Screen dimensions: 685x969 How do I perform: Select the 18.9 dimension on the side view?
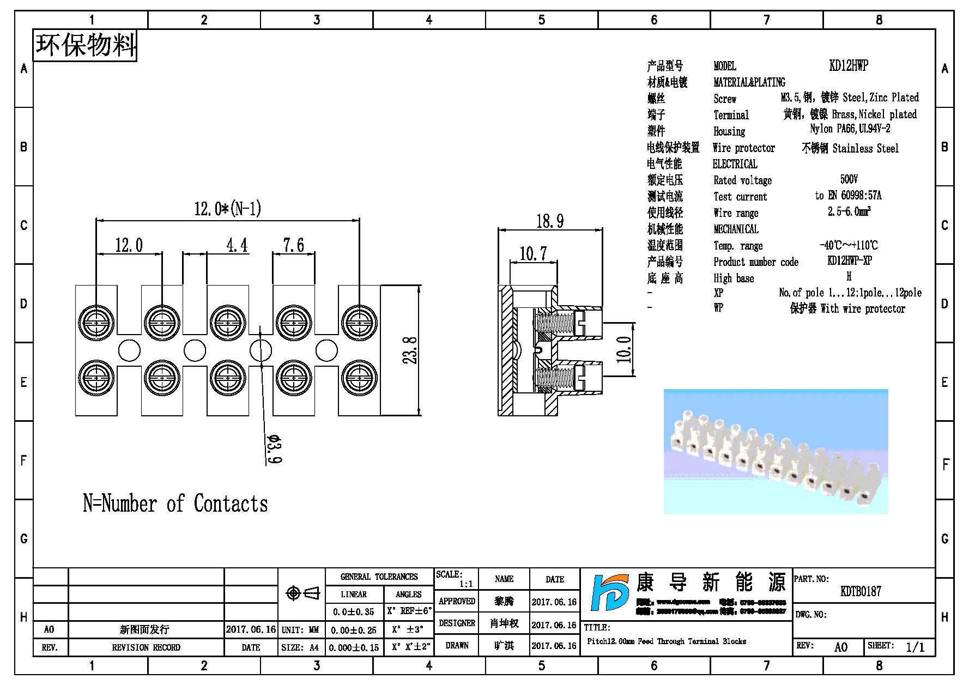[549, 221]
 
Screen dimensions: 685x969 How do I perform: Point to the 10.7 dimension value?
[532, 253]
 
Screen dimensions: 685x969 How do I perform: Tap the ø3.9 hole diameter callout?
[274, 448]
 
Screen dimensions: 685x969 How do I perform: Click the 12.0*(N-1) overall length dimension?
[227, 209]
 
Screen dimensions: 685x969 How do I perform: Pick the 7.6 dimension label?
[293, 245]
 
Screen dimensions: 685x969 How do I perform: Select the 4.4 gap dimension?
[237, 245]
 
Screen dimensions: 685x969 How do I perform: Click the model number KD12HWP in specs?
[848, 66]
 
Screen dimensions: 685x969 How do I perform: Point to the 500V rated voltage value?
[849, 179]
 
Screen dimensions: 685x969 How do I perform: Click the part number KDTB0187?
[861, 591]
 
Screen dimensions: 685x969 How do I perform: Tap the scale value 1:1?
[466, 584]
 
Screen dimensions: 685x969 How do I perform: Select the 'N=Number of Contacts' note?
[175, 503]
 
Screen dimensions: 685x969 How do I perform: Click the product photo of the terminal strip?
[776, 452]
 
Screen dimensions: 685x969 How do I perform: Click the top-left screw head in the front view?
[96, 322]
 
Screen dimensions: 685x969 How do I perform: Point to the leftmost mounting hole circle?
[129, 350]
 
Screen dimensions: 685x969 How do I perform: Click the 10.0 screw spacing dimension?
[624, 349]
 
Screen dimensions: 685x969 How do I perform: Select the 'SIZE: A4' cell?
[300, 647]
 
